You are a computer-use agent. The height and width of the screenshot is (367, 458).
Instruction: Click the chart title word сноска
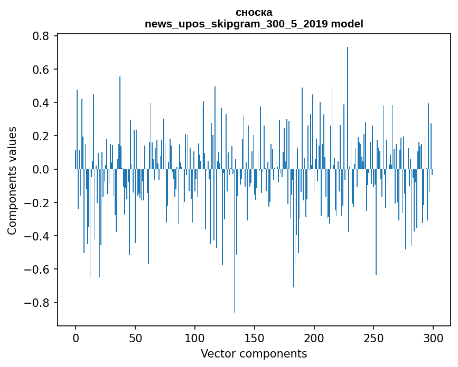coord(254,12)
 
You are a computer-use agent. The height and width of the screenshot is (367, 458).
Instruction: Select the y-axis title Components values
coord(12,180)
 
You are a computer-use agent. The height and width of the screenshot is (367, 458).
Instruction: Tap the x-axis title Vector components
coord(254,353)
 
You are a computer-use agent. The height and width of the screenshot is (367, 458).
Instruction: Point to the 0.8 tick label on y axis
coord(41,36)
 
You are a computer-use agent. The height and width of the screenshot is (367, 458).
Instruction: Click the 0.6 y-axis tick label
coord(41,70)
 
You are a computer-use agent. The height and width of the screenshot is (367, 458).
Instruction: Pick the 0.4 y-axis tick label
coord(41,103)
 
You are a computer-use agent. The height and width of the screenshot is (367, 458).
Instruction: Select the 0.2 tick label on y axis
coord(41,136)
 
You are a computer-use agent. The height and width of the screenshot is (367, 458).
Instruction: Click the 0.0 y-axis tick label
coord(41,169)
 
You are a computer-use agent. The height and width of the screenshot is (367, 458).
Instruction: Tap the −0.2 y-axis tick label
coord(38,203)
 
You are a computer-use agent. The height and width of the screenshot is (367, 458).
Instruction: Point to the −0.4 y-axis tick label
coord(38,236)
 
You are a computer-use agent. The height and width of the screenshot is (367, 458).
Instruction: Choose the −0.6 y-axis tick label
coord(38,269)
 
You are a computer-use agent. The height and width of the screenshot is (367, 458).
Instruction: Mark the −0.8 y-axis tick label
coord(38,303)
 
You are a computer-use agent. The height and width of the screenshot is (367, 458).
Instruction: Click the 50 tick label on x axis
coord(135,337)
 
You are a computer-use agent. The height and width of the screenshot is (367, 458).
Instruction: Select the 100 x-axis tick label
coord(195,337)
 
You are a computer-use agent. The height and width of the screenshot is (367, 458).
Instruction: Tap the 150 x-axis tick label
coord(255,337)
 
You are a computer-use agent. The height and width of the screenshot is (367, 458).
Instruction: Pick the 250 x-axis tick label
coord(373,337)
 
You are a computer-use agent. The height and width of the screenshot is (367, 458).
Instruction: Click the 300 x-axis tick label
coord(433,337)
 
